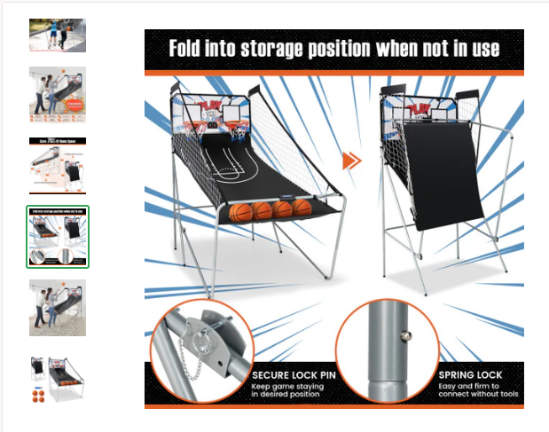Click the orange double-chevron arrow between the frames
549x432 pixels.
coord(352,161)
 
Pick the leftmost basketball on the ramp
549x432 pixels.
coord(241,213)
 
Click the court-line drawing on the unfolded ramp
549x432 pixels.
coord(234,169)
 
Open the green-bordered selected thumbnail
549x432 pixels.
coord(58,237)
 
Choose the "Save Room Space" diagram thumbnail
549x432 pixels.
coord(58,165)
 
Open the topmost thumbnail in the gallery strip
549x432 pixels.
coord(58,35)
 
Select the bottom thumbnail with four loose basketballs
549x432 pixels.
coord(58,380)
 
